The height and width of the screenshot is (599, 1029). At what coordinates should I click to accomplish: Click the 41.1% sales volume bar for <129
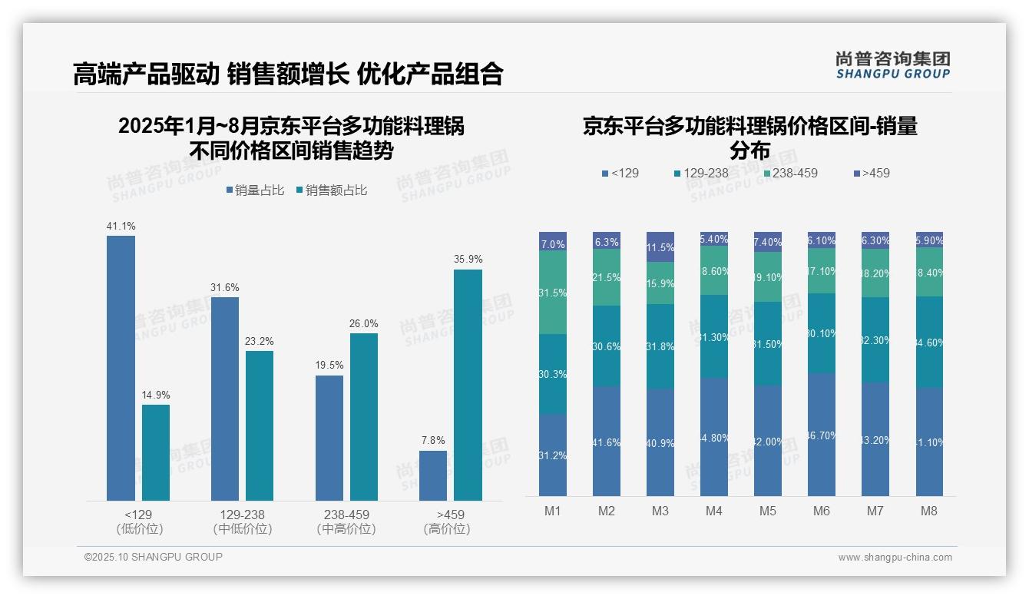[x=121, y=369]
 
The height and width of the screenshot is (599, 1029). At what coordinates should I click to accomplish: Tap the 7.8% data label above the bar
[x=433, y=441]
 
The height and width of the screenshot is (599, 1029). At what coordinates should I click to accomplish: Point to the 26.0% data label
[x=363, y=323]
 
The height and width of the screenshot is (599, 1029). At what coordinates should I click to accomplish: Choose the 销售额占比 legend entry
[x=331, y=190]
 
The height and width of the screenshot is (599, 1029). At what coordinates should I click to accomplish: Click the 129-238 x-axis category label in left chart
[x=243, y=515]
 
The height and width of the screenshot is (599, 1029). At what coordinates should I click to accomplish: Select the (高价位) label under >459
[x=446, y=529]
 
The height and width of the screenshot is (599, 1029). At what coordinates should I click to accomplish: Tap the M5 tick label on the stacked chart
[x=768, y=511]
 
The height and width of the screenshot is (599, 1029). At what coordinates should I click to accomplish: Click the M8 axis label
[x=929, y=511]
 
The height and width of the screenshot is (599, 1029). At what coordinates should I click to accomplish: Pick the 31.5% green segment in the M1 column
[x=553, y=293]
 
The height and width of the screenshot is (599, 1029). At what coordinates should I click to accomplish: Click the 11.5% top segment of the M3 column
[x=660, y=247]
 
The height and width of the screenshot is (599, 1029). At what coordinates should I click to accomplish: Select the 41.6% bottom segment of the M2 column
[x=607, y=442]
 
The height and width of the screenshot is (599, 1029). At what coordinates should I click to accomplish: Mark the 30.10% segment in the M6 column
[x=822, y=333]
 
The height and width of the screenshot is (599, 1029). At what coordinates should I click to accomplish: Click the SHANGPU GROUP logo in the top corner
[x=893, y=65]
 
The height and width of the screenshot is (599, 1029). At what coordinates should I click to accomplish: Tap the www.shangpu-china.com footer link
[x=895, y=558]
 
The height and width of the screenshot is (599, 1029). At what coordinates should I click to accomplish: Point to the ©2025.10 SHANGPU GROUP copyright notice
[x=154, y=557]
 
